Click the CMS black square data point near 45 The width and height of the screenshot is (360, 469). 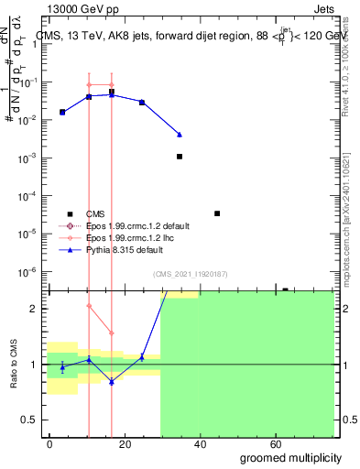pos(217,213)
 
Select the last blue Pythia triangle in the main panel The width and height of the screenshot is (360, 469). pos(180,135)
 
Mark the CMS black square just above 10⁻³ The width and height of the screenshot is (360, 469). pos(180,157)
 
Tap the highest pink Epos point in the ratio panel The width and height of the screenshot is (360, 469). pos(89,306)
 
